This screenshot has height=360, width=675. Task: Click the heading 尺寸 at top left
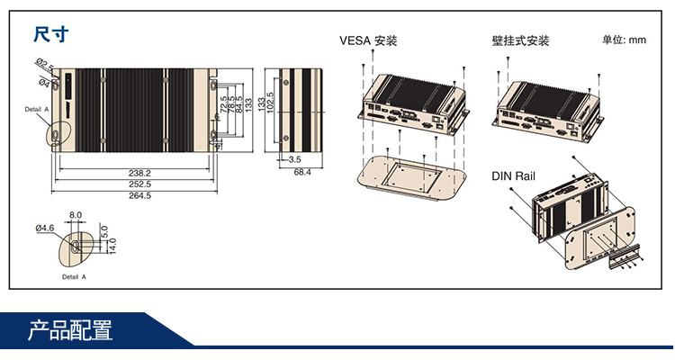(49, 35)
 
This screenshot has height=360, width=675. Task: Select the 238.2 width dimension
(139, 172)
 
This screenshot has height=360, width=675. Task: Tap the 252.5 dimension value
(139, 184)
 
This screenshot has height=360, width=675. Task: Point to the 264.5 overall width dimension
(139, 195)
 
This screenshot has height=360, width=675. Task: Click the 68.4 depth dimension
(301, 172)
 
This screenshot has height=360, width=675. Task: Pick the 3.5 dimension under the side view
(293, 159)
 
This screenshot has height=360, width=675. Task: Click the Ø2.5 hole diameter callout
(44, 64)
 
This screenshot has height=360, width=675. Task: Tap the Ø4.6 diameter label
(45, 229)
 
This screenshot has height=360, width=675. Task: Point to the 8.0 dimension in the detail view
(75, 216)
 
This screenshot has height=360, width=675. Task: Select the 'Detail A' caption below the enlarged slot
(75, 278)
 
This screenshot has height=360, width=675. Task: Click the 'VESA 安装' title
(368, 40)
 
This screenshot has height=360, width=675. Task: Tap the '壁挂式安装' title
(520, 40)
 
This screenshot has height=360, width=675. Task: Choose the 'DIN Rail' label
(513, 176)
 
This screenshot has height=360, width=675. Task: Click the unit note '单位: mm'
(625, 40)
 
